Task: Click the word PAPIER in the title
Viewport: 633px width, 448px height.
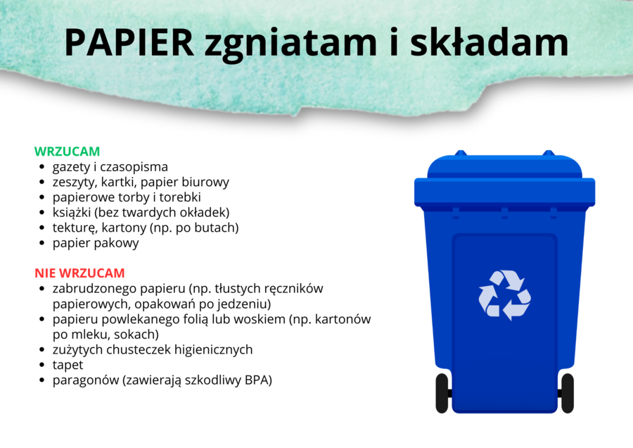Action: click(129, 43)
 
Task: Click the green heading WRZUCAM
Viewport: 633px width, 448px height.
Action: click(67, 151)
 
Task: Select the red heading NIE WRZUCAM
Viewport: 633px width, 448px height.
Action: click(79, 273)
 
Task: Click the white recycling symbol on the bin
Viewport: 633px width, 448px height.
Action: click(504, 294)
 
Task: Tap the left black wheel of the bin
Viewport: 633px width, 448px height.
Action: click(442, 392)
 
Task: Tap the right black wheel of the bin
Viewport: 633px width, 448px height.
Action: click(567, 392)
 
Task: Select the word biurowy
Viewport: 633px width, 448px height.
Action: click(205, 182)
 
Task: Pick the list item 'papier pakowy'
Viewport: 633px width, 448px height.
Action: click(96, 243)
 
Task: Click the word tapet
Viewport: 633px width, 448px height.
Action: click(68, 365)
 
